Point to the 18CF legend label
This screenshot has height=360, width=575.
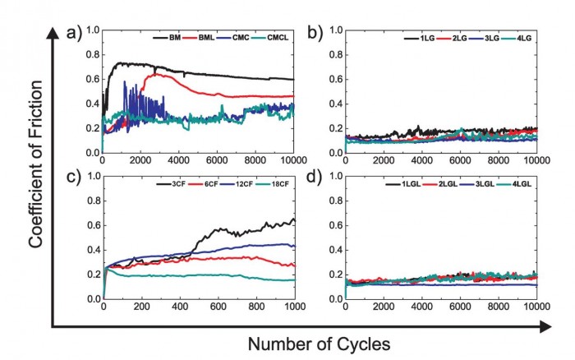(x=282, y=183)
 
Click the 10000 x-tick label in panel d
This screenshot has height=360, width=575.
(x=536, y=308)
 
